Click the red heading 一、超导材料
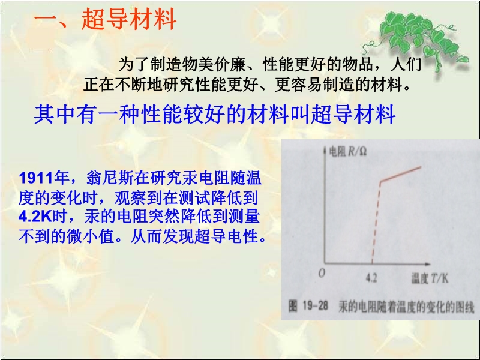[105, 19]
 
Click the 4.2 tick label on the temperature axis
[371, 278]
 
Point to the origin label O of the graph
[322, 273]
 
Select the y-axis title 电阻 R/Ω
[347, 151]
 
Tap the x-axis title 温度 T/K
[430, 278]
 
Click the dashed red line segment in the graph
[376, 223]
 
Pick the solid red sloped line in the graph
[401, 174]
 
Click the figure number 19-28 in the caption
[315, 306]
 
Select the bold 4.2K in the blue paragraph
[35, 217]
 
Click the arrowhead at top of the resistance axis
[325, 149]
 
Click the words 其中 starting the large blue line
[55, 114]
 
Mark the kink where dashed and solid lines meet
[380, 182]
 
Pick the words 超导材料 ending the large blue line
[353, 114]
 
